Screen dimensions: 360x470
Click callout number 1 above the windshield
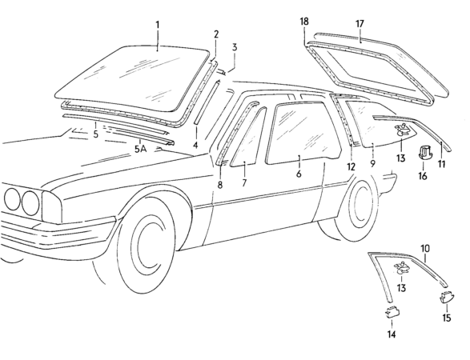[158, 25]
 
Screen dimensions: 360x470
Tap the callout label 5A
[140, 150]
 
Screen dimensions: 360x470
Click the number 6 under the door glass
[299, 173]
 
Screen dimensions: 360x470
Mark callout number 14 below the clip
[392, 334]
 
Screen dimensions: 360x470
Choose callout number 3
[235, 47]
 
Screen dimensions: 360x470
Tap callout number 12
[350, 166]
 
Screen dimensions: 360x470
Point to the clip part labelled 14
[392, 312]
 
